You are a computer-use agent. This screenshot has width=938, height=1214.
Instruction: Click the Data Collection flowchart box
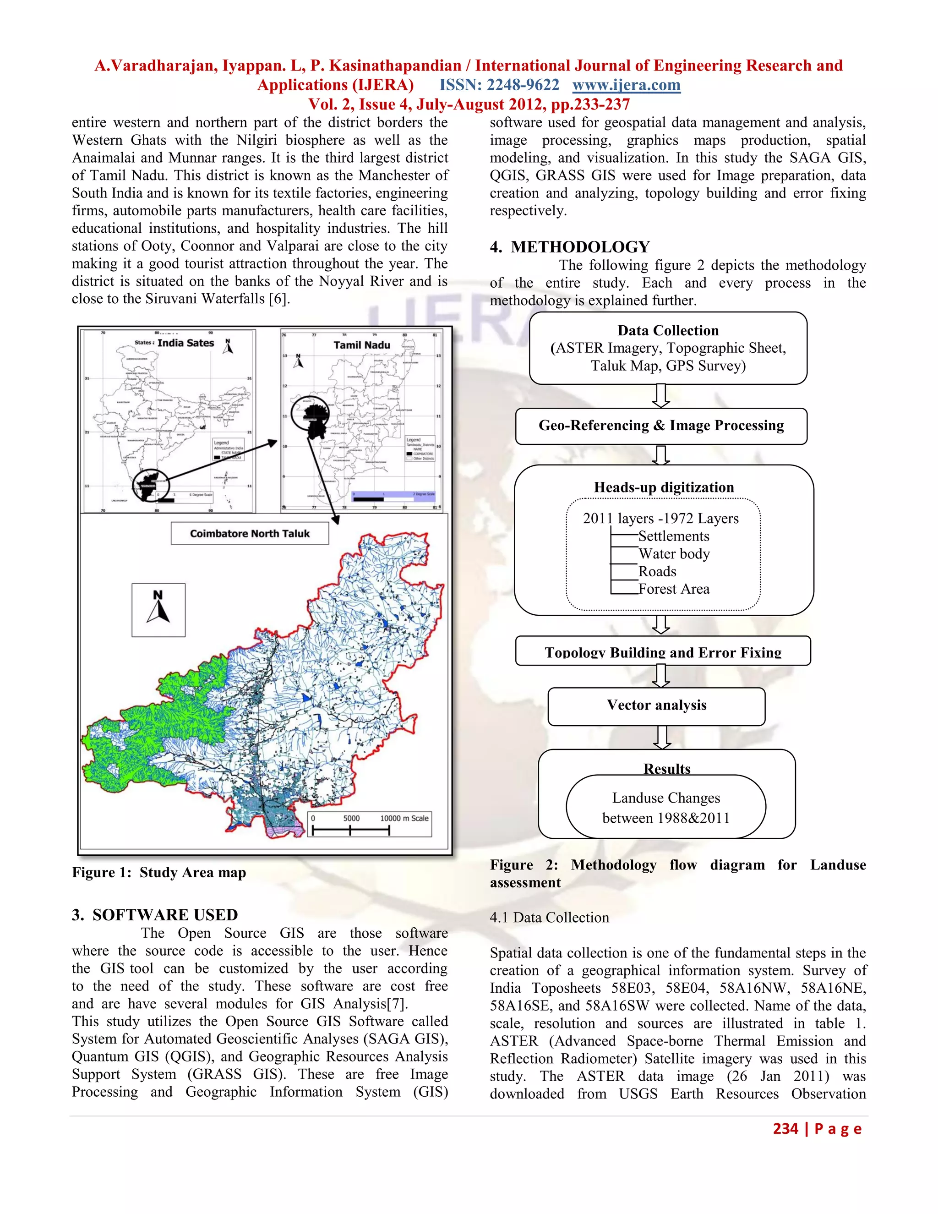(x=668, y=348)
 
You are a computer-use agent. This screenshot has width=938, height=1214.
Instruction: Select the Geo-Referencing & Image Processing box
(x=661, y=426)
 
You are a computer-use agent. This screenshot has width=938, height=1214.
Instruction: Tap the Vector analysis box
(x=656, y=706)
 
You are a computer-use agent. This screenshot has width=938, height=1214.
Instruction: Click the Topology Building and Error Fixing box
(x=662, y=651)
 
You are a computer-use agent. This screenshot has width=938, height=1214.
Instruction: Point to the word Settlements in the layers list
(x=673, y=536)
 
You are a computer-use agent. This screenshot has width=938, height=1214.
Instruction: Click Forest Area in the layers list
(x=673, y=589)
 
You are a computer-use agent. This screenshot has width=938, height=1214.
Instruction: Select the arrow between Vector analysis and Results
(x=661, y=738)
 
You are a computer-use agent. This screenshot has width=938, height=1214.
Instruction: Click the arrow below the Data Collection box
(x=660, y=396)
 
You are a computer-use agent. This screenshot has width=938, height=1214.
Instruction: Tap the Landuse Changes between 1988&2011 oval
(x=665, y=808)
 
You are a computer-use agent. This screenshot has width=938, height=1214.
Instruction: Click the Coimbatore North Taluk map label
(x=250, y=534)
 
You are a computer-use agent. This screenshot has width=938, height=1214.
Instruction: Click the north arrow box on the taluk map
(x=158, y=610)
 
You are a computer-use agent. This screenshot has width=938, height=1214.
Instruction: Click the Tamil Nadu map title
(x=362, y=345)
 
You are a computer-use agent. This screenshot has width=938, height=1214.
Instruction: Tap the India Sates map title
(x=185, y=343)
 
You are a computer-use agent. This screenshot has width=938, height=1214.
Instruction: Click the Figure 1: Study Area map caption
(x=159, y=873)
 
